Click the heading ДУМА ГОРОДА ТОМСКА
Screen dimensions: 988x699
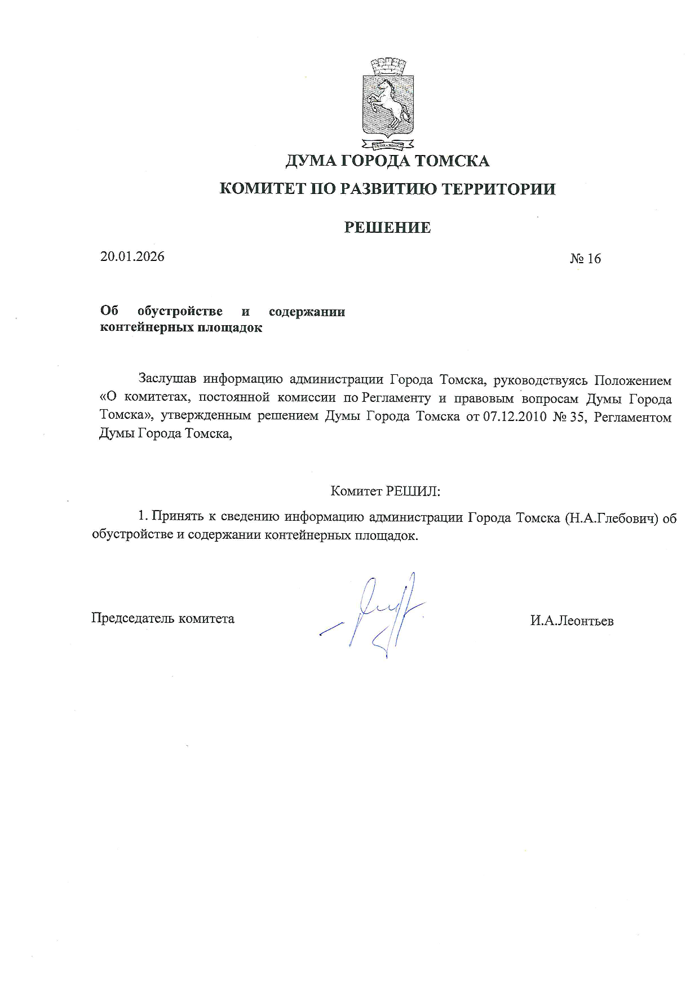click(x=387, y=161)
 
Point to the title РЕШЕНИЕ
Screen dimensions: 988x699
click(x=387, y=228)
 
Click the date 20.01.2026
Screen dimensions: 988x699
click(x=132, y=257)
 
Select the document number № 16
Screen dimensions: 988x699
click(x=585, y=259)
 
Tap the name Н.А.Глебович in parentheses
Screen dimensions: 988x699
click(x=612, y=518)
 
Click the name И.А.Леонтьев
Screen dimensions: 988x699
click(x=572, y=621)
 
